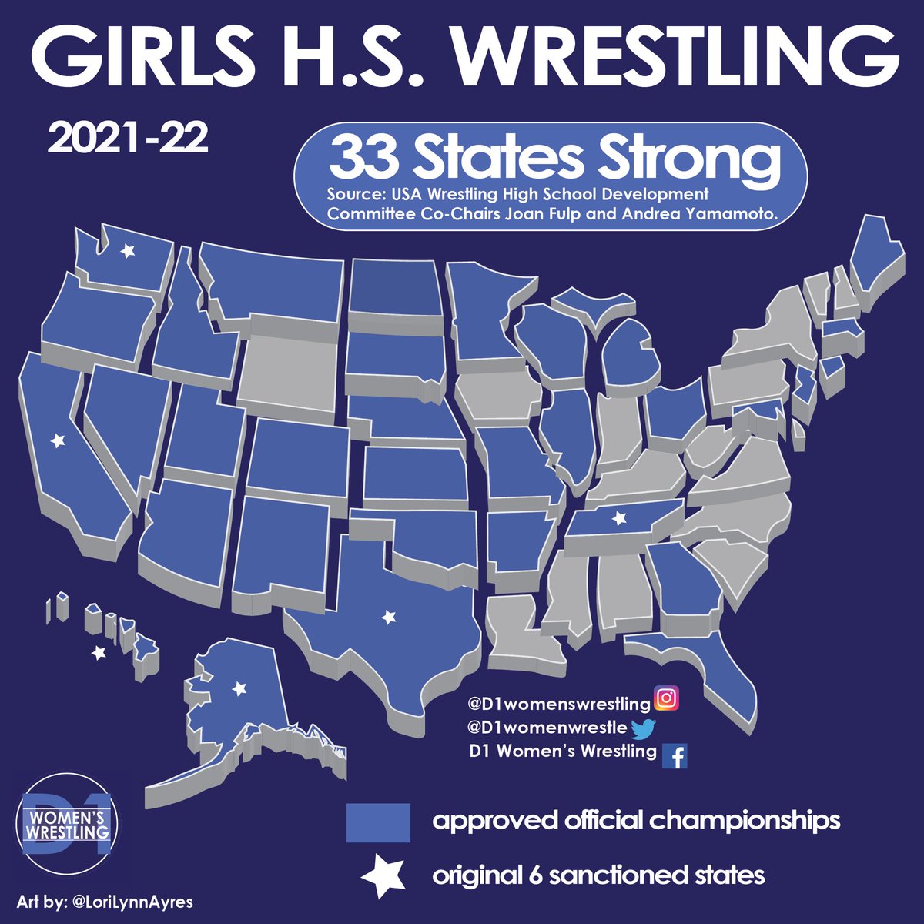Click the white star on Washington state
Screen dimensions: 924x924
[x=128, y=250]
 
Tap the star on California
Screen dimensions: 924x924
[x=57, y=441]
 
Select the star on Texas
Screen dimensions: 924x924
[x=389, y=616]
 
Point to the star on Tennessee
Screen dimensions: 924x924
[x=618, y=519]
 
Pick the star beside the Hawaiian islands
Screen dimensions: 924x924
[x=98, y=653]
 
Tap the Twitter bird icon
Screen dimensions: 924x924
[x=641, y=728]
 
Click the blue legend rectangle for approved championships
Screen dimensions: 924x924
[x=377, y=822]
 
